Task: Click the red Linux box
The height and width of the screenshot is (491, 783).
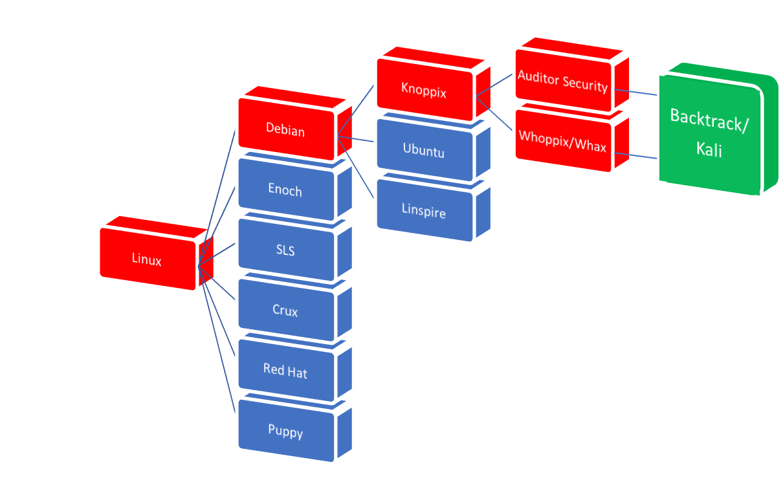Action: tap(147, 259)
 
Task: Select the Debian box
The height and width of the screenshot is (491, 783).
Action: tap(285, 129)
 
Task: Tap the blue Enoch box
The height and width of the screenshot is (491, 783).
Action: tap(285, 190)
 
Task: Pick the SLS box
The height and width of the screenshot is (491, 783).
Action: tap(285, 250)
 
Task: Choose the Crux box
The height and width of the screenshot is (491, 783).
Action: tap(285, 311)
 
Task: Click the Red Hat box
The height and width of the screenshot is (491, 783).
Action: tap(285, 371)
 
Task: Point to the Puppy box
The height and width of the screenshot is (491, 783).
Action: tap(285, 431)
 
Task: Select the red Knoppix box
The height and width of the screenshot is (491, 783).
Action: tap(424, 90)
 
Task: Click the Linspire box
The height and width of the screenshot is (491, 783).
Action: tap(424, 211)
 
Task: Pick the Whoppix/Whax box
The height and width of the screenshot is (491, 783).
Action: tap(562, 144)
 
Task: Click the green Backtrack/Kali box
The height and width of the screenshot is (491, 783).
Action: tap(709, 133)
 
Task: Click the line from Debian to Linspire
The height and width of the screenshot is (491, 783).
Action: tap(356, 168)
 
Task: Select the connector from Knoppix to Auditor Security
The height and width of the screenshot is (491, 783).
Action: tap(495, 85)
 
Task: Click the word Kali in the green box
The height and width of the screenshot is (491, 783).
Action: tap(709, 150)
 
